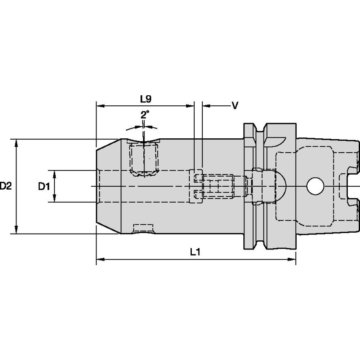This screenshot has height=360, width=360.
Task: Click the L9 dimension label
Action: (145, 99)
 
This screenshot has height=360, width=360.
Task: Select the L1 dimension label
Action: (194, 252)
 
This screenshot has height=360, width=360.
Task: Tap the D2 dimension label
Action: (5, 186)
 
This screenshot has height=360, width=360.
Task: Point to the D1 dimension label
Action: (44, 186)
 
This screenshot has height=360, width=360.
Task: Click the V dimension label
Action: (235, 105)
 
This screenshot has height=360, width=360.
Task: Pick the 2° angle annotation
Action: (145, 114)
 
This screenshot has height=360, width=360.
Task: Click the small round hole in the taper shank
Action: (314, 186)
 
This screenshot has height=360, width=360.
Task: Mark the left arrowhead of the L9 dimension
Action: (100, 106)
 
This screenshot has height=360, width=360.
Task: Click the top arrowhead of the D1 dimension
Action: (54, 173)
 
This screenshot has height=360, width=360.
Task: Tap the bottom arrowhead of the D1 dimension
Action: (54, 199)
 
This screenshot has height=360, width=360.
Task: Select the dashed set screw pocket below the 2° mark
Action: (144, 159)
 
